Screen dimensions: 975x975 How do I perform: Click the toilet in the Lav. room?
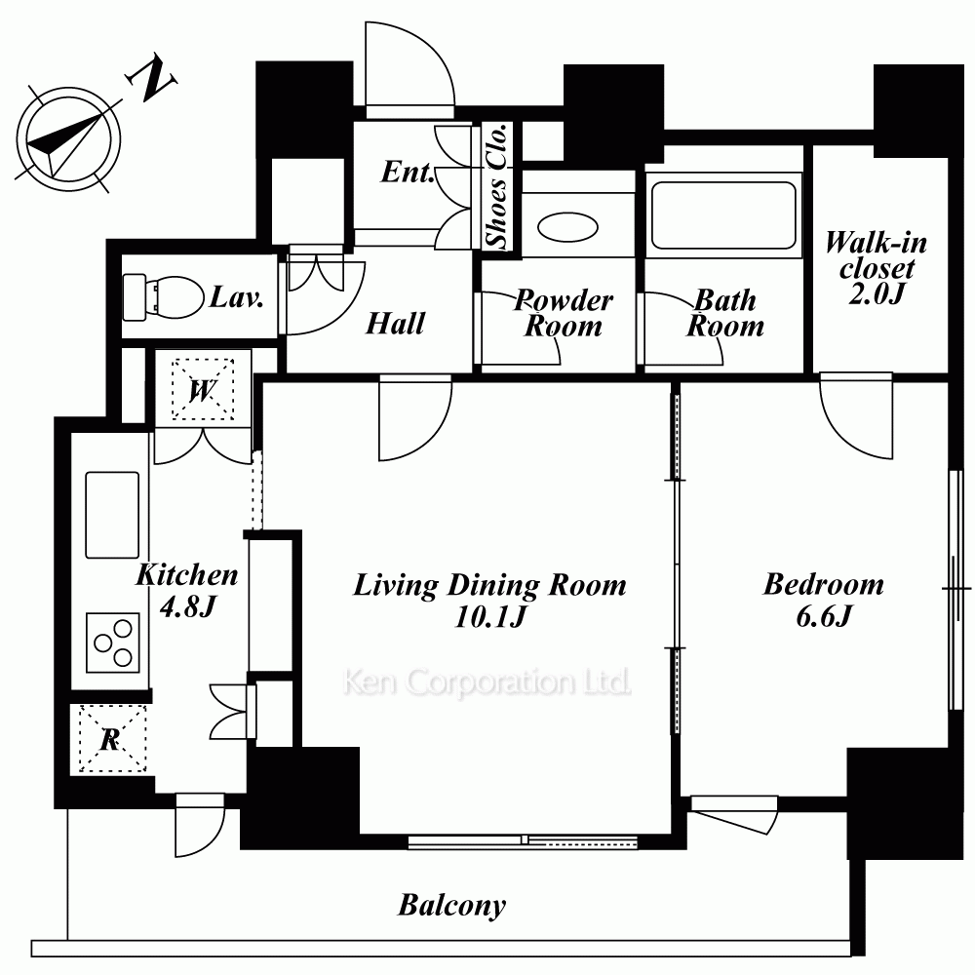pos(164,296)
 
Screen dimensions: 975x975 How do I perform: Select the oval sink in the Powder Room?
pos(567,227)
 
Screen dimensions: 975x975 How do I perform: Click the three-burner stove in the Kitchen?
pos(112,643)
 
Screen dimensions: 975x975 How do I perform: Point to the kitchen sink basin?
pos(112,515)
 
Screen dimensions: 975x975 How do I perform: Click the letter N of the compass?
pos(152,79)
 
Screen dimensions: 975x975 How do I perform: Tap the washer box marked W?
pos(203,389)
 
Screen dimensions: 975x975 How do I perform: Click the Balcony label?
pos(452,906)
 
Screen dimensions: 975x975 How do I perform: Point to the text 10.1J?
pos(490,617)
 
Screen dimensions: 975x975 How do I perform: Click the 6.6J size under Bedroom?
pos(823,616)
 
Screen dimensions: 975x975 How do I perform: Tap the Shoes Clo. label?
pos(497,185)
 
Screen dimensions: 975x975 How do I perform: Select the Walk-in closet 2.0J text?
pos(876,268)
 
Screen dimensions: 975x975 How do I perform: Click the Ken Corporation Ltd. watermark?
pos(487,682)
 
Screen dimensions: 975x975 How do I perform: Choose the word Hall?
pos(396,324)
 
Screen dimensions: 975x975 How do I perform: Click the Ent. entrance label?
pos(408,173)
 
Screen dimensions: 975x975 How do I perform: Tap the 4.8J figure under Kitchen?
pos(187,606)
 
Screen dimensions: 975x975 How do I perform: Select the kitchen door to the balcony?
pos(200,825)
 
